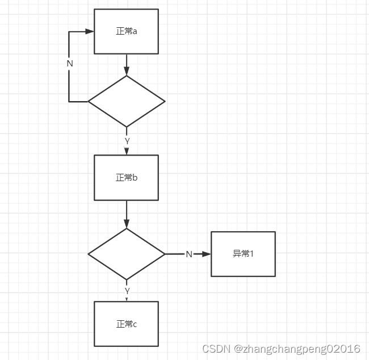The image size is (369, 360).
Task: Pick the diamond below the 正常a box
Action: (126, 102)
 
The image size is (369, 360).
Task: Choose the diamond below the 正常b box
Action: (126, 254)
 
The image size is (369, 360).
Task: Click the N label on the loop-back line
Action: (70, 64)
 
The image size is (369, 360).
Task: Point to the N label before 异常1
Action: (189, 254)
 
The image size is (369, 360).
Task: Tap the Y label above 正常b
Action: (127, 140)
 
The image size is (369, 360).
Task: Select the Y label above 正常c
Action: (127, 290)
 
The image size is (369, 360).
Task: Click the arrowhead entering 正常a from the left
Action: (89, 32)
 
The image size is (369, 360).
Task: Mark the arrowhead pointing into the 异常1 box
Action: (206, 254)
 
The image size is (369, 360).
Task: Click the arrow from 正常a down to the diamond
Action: (127, 65)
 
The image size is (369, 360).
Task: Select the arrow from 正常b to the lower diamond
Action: (127, 215)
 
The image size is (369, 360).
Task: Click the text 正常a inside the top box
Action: (127, 32)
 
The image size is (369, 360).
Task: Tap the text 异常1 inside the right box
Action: (243, 254)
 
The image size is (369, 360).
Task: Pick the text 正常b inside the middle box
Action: (127, 178)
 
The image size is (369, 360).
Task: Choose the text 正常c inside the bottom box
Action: (127, 324)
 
